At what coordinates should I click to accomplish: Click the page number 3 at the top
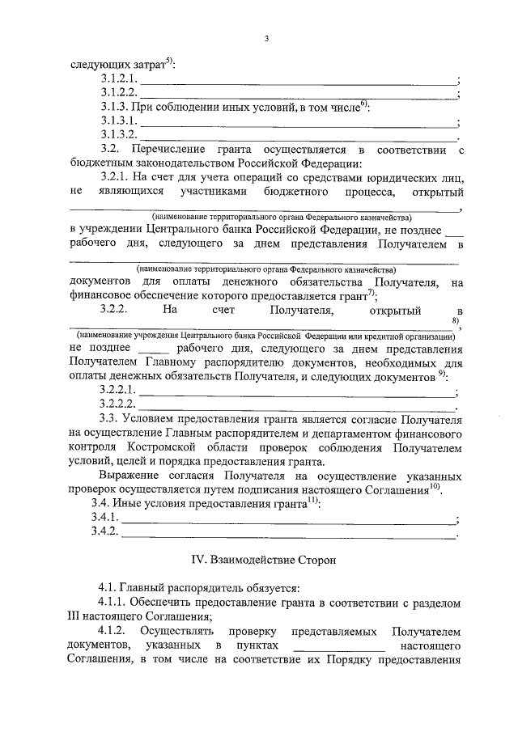(265, 38)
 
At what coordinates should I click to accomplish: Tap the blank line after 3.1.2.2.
(298, 95)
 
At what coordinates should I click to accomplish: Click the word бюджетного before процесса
(294, 192)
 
